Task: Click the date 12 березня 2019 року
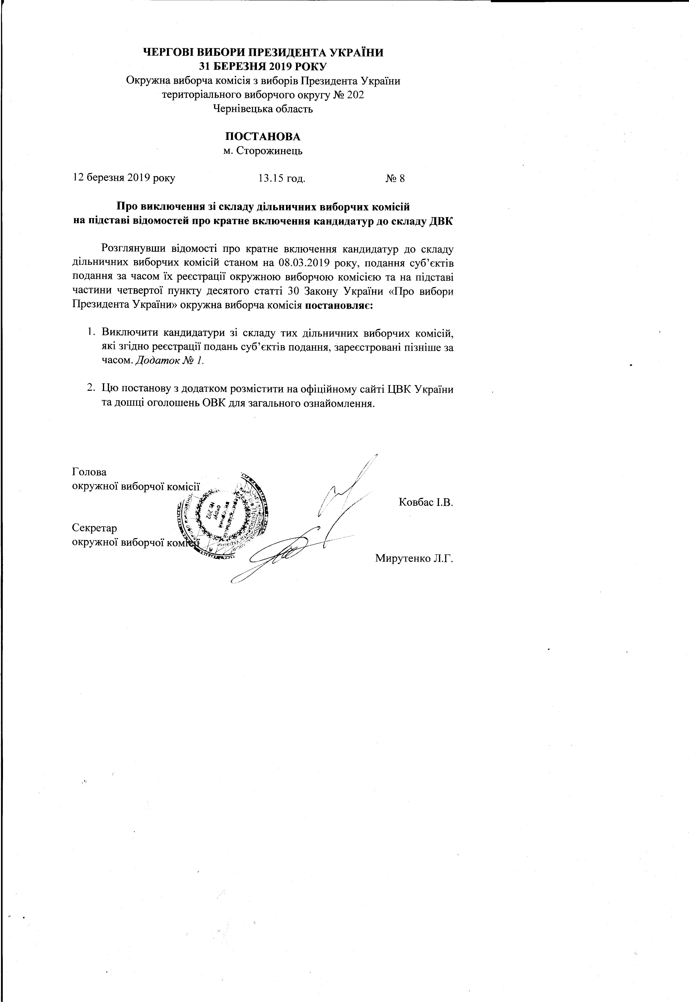[124, 178]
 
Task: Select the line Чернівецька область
[263, 109]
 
